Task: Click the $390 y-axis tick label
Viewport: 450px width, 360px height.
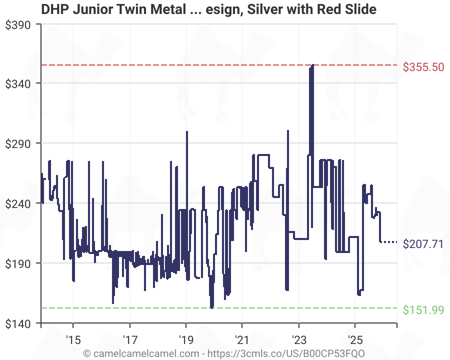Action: point(18,25)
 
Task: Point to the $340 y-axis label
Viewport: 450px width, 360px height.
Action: point(18,84)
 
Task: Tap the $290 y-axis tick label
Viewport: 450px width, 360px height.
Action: point(18,144)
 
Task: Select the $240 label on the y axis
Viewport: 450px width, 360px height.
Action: point(18,204)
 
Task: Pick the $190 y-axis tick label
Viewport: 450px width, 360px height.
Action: point(18,264)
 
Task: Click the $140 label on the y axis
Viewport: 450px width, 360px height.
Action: point(18,324)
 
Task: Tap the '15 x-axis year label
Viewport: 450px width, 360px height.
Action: point(73,340)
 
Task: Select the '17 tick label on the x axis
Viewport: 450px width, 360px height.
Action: point(130,340)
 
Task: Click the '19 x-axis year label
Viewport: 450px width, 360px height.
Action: point(186,340)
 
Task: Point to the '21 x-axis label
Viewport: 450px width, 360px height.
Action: point(242,340)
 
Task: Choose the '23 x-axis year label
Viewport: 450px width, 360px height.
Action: point(299,340)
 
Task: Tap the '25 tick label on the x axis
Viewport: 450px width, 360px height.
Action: point(355,340)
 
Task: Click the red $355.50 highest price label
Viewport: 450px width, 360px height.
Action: point(423,67)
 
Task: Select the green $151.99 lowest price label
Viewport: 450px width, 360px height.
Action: point(423,310)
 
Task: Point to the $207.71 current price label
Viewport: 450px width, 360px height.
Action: point(423,244)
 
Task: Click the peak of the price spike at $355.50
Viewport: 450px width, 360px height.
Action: point(312,65)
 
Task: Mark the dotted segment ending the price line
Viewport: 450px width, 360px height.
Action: point(389,242)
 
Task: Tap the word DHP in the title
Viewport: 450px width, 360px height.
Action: point(55,9)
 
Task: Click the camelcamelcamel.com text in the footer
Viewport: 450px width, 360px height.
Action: point(146,353)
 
